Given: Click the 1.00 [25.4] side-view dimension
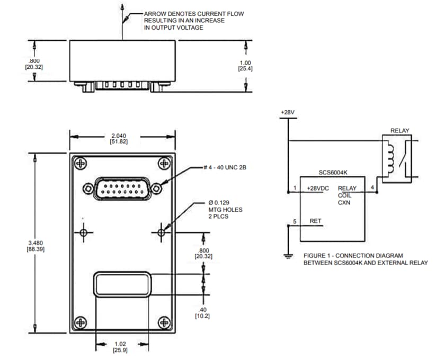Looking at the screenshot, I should point(245,65).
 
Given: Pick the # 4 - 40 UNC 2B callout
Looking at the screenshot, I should point(225,168).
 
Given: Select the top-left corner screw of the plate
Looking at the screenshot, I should point(80,164).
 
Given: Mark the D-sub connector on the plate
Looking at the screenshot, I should point(122,188).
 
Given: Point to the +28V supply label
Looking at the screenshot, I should point(288,113).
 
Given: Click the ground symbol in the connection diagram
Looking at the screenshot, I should point(288,257).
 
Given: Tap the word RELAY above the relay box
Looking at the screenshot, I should point(399,130).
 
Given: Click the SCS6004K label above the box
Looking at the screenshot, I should point(333,172).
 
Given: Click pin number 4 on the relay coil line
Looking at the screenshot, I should point(372,187).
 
